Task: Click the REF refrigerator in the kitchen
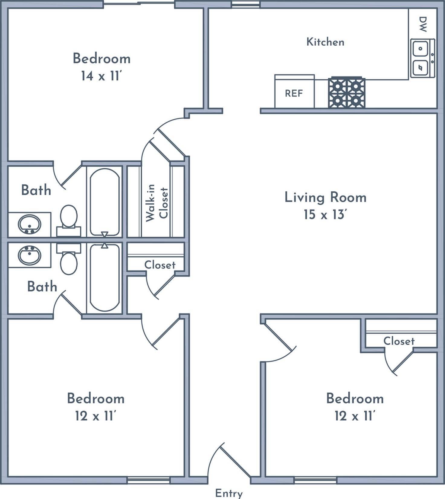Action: tap(295, 91)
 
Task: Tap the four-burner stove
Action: tap(347, 92)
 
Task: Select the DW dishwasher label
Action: tap(423, 24)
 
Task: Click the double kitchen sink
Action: tap(423, 58)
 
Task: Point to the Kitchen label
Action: tap(325, 42)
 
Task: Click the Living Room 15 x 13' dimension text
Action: tap(325, 215)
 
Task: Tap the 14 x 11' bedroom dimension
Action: tap(101, 76)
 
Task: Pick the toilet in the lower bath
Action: tap(69, 259)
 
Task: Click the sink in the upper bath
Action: tap(29, 225)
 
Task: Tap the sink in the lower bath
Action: tap(29, 255)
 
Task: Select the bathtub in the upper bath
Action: tap(105, 202)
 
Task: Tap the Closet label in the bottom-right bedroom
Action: tap(399, 341)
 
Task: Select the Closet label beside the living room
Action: tap(160, 265)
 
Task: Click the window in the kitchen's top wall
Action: tap(246, 4)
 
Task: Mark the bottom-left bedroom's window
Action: tap(149, 480)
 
